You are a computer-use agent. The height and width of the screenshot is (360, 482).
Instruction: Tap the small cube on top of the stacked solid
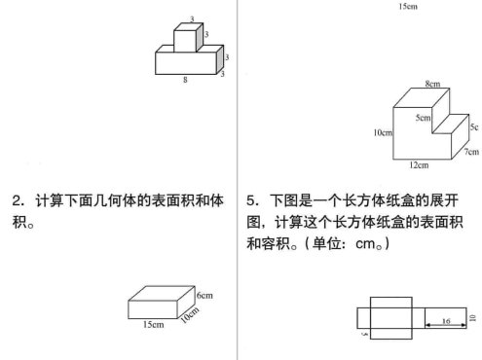pyautogui.click(x=185, y=39)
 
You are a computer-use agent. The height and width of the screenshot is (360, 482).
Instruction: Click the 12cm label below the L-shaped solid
pyautogui.click(x=421, y=164)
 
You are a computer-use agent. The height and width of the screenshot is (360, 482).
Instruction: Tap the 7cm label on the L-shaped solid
pyautogui.click(x=471, y=151)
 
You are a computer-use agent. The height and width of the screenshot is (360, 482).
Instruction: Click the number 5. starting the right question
pyautogui.click(x=254, y=201)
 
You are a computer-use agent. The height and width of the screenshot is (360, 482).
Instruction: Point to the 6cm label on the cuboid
pyautogui.click(x=204, y=294)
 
